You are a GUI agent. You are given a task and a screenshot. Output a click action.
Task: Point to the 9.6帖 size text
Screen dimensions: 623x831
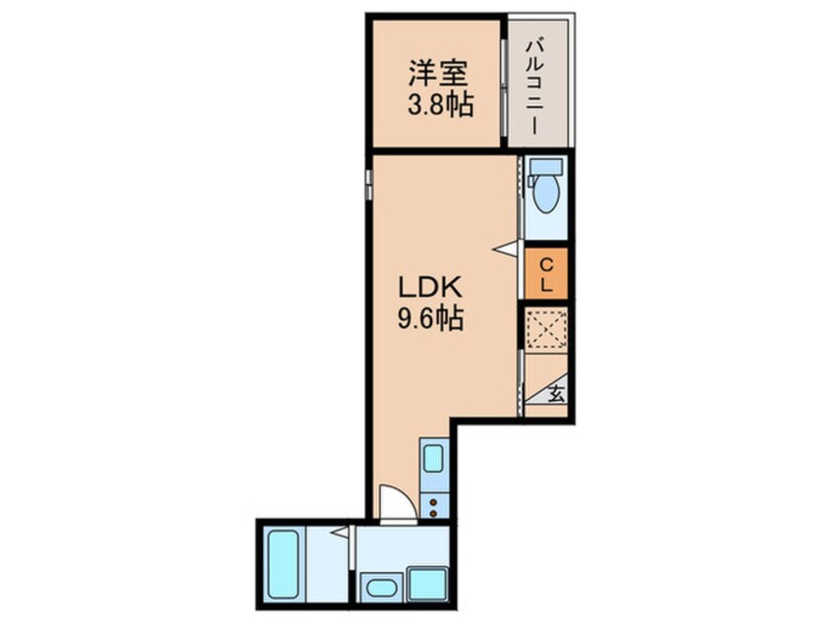click(430, 318)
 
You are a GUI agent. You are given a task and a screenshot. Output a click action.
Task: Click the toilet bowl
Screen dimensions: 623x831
click(546, 198)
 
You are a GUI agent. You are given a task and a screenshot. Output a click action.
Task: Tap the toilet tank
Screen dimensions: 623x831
click(546, 167)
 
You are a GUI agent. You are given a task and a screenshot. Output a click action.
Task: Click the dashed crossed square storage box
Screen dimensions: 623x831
click(546, 328)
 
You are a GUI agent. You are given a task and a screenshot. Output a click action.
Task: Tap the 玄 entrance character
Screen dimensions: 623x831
click(556, 395)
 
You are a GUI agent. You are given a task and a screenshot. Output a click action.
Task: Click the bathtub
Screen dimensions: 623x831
click(283, 563)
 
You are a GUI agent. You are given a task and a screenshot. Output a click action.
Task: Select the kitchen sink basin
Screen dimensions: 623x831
click(433, 460)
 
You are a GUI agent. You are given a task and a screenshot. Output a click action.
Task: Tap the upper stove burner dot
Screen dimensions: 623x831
click(433, 501)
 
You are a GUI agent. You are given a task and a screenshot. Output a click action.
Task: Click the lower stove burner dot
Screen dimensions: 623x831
click(433, 512)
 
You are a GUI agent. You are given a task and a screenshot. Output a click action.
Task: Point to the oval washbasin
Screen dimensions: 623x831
click(378, 589)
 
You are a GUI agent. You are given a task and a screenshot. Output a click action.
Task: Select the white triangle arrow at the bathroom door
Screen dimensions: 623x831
click(340, 533)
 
